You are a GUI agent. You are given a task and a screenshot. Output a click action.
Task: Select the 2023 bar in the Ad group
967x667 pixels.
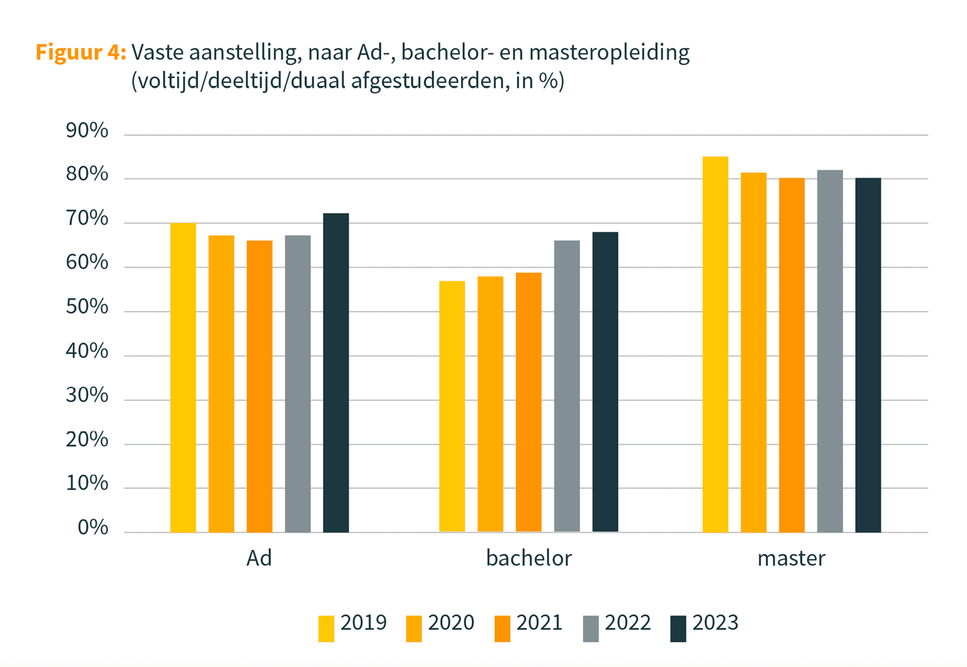336,373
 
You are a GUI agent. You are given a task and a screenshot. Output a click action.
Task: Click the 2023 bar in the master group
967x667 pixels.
868,355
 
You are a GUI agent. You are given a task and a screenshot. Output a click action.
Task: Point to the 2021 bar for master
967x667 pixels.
792,355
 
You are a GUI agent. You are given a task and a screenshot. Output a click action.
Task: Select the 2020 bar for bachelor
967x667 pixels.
490,404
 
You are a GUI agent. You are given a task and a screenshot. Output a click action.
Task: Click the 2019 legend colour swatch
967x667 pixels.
326,629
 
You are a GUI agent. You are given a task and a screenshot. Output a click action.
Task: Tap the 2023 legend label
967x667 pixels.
715,623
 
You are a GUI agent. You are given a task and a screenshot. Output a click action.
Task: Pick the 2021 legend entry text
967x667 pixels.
539,623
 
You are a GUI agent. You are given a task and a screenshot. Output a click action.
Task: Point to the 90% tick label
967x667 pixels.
87,130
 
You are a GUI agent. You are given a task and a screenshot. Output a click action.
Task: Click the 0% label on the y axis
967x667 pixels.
93,528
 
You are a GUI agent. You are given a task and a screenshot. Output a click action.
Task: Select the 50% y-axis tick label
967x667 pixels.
87,307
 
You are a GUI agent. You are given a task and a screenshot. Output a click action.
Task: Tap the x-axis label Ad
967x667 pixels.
259,558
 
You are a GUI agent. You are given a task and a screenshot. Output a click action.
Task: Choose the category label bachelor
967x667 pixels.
529,558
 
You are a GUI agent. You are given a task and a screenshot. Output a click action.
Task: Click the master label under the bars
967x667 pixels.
791,558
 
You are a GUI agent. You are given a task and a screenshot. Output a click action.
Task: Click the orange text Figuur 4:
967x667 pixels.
81,52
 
